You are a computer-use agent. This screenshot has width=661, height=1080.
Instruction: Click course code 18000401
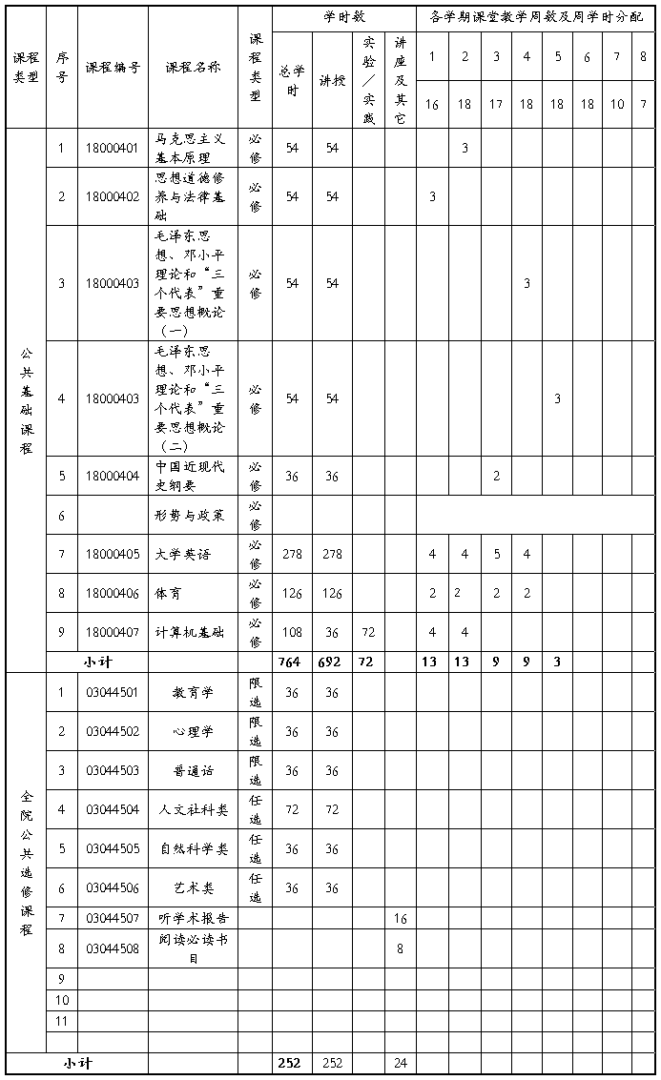pos(112,148)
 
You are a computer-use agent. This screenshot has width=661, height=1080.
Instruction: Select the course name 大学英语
pos(183,554)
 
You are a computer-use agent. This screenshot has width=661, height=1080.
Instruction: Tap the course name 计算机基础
pos(189,632)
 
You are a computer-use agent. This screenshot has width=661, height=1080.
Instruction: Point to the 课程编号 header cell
pos(112,68)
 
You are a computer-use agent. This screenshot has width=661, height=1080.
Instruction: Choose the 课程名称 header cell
pos(193,68)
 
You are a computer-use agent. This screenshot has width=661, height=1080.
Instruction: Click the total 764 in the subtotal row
pos(291,661)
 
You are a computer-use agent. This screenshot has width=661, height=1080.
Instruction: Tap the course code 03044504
pos(112,809)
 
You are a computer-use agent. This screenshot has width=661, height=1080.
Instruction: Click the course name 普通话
pos(193,770)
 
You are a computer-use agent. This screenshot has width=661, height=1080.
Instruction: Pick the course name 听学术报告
pos(193,918)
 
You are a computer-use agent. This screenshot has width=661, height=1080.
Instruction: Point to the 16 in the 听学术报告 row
pos(401,918)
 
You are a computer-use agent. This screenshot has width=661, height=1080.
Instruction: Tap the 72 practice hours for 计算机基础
pos(368,632)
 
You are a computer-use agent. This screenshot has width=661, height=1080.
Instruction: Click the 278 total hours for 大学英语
pos(292,554)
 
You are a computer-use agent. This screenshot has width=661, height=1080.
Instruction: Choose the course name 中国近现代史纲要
pos(191,476)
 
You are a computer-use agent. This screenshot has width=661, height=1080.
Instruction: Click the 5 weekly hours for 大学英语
pos(496,554)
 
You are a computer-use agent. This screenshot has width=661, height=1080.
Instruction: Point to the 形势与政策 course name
pos(190,516)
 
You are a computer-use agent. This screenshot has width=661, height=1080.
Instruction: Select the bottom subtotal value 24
pos(401,1063)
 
